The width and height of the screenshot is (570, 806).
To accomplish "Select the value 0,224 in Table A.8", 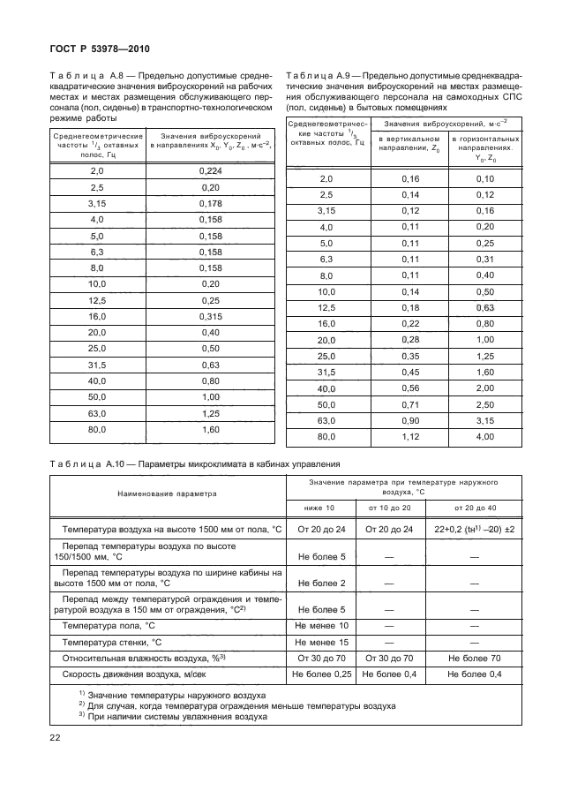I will (209, 171).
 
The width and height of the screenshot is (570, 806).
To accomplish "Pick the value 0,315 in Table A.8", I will (209, 315).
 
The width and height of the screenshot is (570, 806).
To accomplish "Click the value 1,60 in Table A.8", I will (209, 429).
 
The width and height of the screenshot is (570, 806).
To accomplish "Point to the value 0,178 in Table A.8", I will (209, 203).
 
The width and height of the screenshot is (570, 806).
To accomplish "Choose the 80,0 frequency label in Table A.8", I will (97, 429).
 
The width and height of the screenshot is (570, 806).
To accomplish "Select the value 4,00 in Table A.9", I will (484, 435).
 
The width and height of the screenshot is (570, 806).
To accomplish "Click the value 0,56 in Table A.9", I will (410, 388).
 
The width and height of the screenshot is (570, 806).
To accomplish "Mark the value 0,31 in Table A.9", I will (484, 259).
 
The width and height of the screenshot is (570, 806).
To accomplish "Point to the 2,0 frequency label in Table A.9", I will (326, 179).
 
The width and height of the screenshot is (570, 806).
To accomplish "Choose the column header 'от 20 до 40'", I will (474, 508).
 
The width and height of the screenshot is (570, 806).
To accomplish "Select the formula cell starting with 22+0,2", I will (474, 530).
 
